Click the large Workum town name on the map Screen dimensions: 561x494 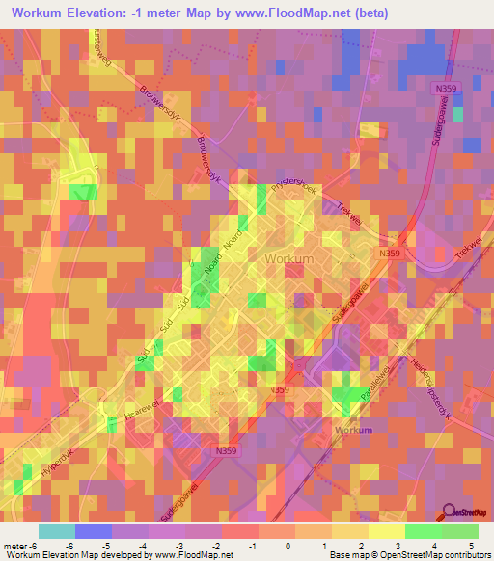coord(288,259)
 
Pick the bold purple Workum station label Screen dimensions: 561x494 coord(351,429)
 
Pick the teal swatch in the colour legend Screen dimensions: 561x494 coord(57,531)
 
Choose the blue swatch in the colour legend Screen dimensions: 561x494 coord(94,531)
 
